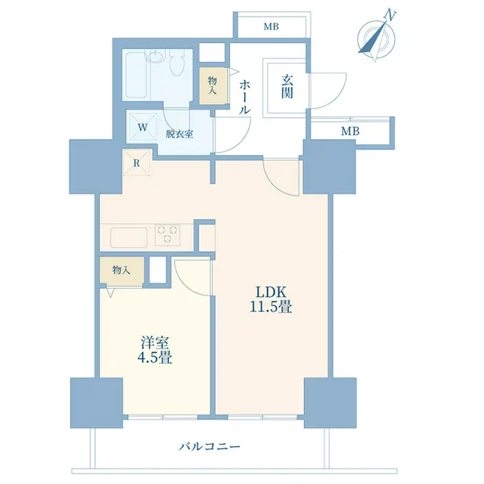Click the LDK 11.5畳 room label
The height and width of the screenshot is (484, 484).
tap(271, 299)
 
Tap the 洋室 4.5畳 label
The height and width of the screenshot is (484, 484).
tap(154, 351)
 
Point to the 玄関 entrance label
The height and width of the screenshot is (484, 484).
tap(286, 87)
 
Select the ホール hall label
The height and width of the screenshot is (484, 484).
tap(245, 97)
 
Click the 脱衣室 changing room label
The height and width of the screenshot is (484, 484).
tap(179, 134)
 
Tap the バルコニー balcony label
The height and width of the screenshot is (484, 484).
tap(209, 447)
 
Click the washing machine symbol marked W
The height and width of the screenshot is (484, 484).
tap(143, 127)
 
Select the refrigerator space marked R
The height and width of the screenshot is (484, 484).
tap(137, 163)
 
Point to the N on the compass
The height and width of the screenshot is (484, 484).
tap(390, 16)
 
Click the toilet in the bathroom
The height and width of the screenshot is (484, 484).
tap(177, 62)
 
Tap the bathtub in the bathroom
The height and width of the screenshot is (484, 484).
tap(135, 75)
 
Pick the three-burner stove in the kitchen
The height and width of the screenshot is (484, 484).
tap(167, 234)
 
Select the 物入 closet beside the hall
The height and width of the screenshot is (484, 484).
tap(213, 86)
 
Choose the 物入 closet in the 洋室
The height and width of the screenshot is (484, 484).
tap(122, 270)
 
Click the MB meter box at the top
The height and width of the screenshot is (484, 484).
tap(271, 27)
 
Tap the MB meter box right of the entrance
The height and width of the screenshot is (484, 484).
tap(350, 131)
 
